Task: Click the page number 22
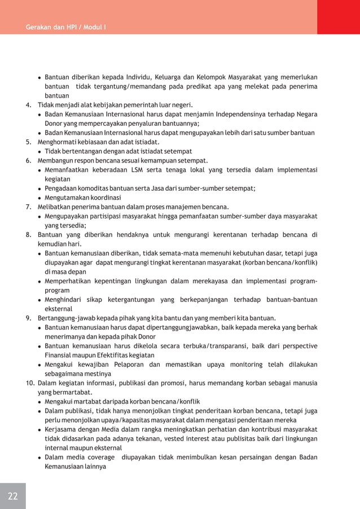tap(12, 496)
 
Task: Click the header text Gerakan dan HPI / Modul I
tap(67, 27)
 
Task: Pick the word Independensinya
tap(255, 115)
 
